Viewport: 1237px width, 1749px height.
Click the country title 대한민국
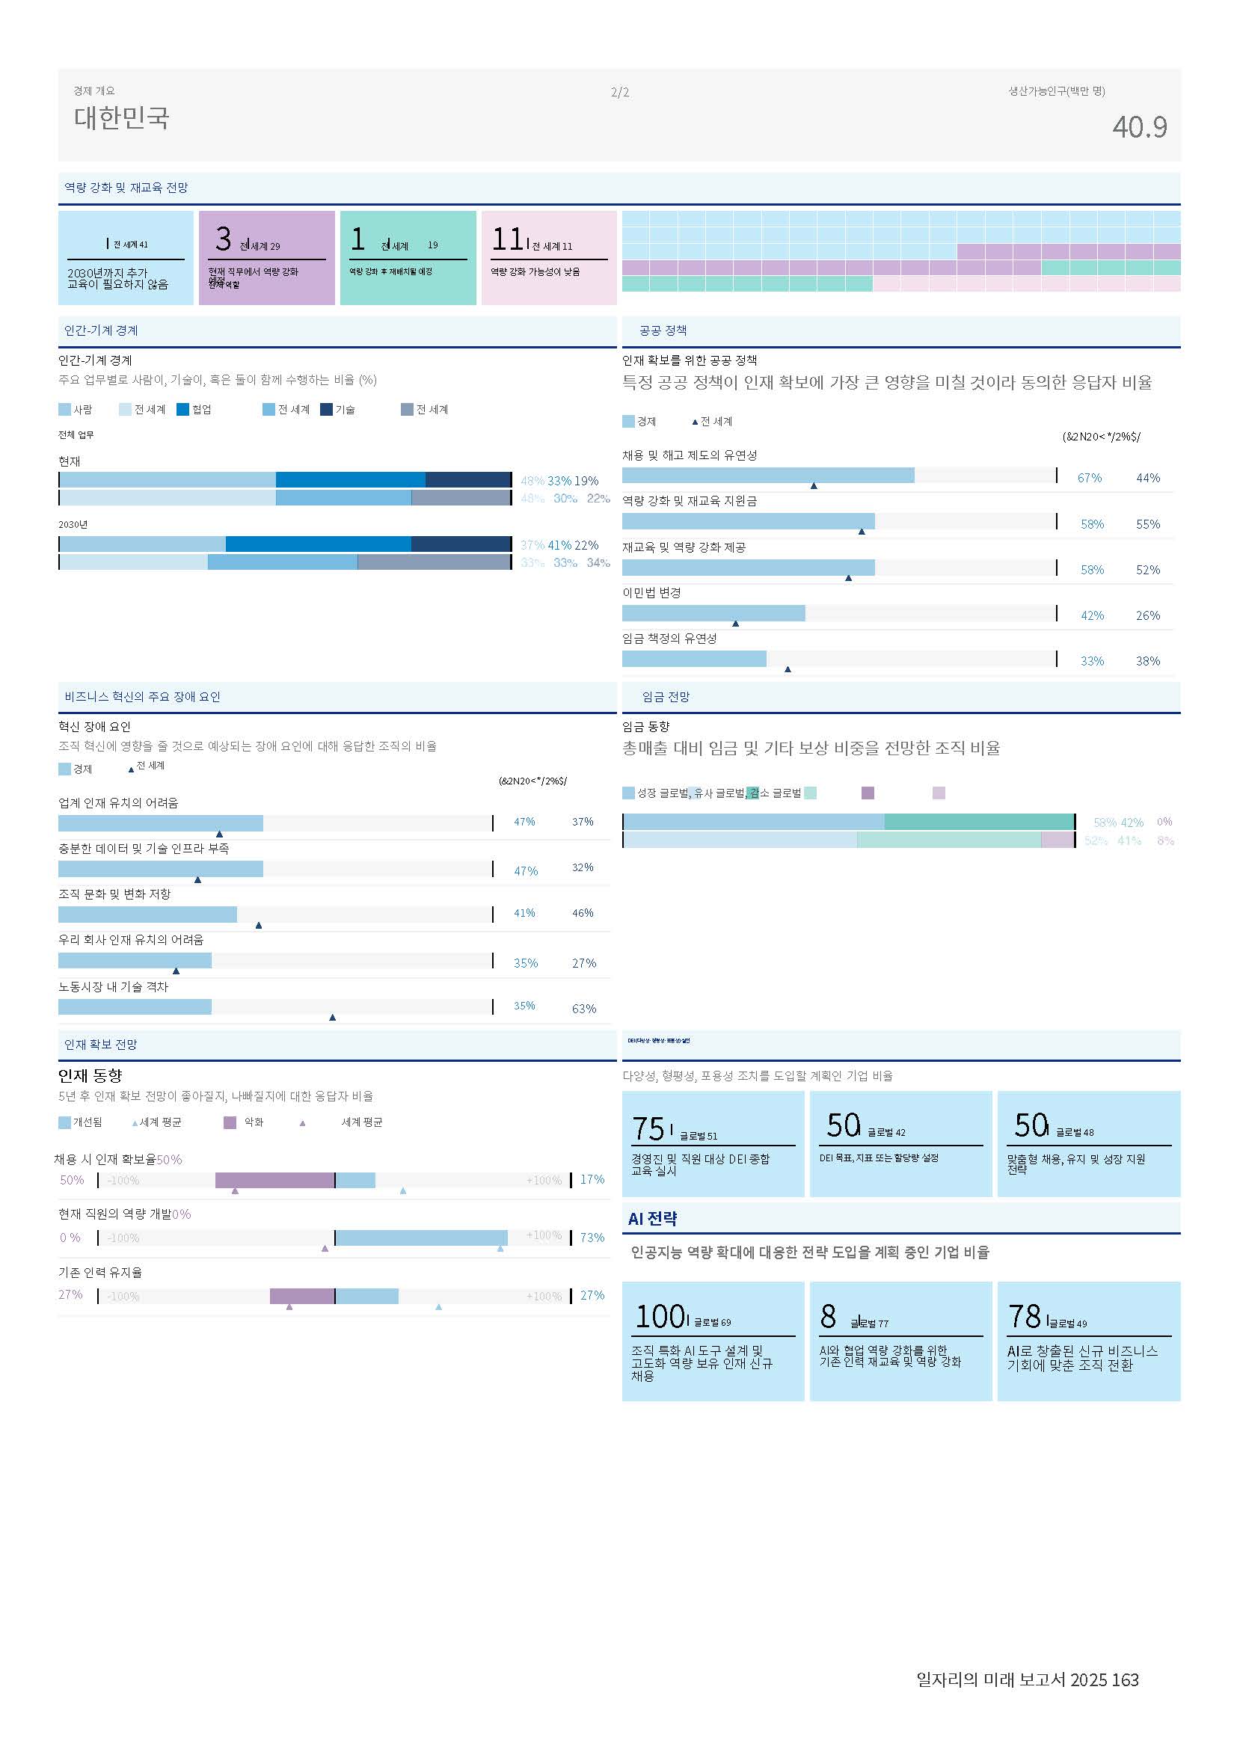coord(121,118)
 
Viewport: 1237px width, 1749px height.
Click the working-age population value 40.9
coord(1139,127)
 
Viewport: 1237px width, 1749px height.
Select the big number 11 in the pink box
coord(506,239)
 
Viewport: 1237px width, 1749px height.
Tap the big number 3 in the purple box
coord(223,239)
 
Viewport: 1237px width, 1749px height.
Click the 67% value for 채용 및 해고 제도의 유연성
coord(1089,479)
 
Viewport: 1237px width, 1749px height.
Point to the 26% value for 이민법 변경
coord(1147,615)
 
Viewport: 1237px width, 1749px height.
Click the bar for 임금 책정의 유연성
coord(694,659)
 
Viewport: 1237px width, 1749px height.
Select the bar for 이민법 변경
coord(713,613)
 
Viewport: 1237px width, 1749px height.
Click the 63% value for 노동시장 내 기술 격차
coord(583,1009)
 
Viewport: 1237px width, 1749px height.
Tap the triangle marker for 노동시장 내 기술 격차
coord(332,1017)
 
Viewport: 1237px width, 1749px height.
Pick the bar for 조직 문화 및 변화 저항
coord(147,914)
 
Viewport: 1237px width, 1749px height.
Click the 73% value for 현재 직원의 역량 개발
coord(592,1237)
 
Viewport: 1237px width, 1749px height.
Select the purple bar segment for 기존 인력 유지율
coord(301,1296)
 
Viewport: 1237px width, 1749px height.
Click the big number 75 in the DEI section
coord(648,1128)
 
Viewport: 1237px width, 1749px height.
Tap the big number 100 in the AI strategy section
coord(660,1316)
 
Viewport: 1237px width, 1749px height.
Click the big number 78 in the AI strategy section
coord(1024,1316)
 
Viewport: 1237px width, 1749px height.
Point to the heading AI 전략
coord(652,1218)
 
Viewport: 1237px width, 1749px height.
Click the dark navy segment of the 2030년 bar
coord(461,544)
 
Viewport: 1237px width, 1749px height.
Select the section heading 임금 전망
coord(666,697)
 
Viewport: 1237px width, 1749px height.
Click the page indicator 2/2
coord(619,93)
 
